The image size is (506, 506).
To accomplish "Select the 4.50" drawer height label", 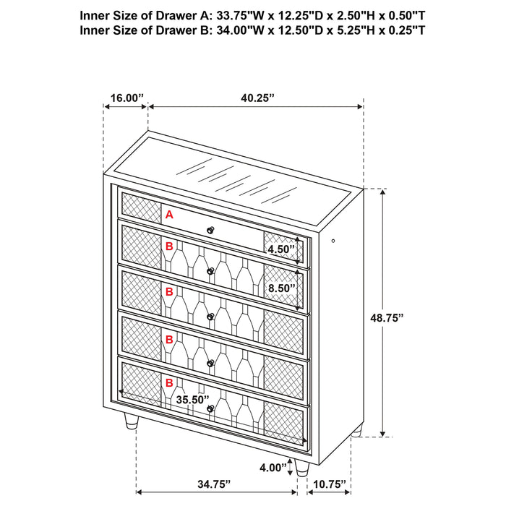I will coord(282,250).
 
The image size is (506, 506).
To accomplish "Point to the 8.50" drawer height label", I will coord(282,288).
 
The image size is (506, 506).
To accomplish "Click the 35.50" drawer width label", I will coord(192,398).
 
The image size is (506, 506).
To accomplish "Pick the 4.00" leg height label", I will coord(274,468).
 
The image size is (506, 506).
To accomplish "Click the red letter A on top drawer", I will coord(170,215).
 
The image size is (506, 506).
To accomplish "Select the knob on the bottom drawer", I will coord(210,409).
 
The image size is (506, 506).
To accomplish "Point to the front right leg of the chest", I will coord(301,467).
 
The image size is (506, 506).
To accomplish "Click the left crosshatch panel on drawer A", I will coord(140,207).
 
